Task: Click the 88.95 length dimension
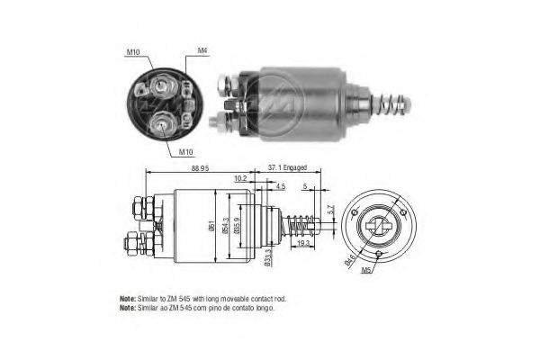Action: [201, 167]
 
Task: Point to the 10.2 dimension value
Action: [240, 180]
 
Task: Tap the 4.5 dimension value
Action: [282, 187]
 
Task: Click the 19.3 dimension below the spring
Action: [302, 244]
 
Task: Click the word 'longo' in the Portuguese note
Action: [264, 308]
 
